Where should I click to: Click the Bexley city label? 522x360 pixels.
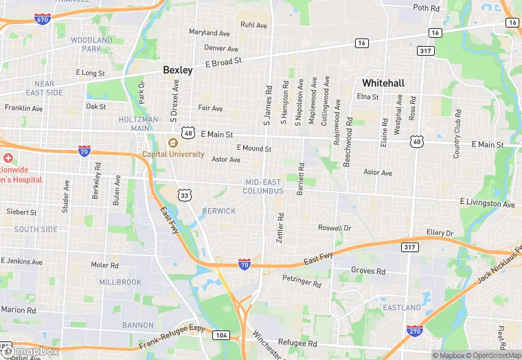pyautogui.click(x=178, y=70)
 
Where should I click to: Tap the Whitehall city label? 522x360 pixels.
pyautogui.click(x=383, y=82)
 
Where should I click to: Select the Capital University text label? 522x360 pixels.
pyautogui.click(x=173, y=154)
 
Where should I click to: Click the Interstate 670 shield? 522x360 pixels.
pyautogui.click(x=42, y=19)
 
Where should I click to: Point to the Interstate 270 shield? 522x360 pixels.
pyautogui.click(x=414, y=331)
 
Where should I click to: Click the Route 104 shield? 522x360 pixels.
pyautogui.click(x=220, y=335)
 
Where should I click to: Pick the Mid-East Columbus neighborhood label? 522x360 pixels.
pyautogui.click(x=263, y=186)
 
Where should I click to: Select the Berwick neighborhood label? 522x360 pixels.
pyautogui.click(x=219, y=211)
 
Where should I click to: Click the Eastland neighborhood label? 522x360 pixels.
pyautogui.click(x=402, y=307)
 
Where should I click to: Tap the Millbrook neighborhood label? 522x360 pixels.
pyautogui.click(x=120, y=282)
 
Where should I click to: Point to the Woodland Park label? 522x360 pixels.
pyautogui.click(x=91, y=45)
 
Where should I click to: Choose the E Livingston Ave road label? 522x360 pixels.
pyautogui.click(x=487, y=204)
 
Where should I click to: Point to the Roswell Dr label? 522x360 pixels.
pyautogui.click(x=334, y=227)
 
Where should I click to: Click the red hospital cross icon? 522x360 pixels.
pyautogui.click(x=8, y=158)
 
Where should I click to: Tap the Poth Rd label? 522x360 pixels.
pyautogui.click(x=426, y=8)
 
